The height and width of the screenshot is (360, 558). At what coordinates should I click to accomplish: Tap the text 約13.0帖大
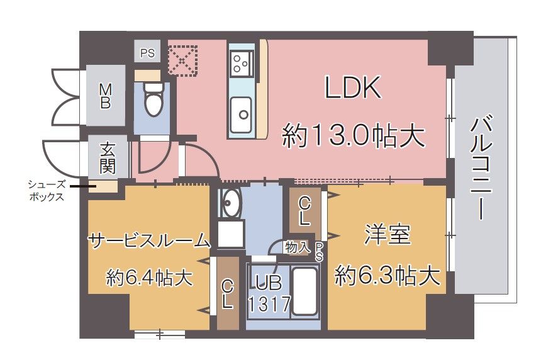click(x=351, y=135)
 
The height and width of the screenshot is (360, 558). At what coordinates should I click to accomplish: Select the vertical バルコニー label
click(x=483, y=167)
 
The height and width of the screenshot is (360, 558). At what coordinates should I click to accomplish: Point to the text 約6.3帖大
click(x=386, y=275)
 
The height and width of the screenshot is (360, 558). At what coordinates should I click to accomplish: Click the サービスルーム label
click(x=148, y=240)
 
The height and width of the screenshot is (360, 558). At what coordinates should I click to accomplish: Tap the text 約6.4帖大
click(x=149, y=277)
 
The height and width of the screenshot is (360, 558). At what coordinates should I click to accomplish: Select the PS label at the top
click(x=147, y=53)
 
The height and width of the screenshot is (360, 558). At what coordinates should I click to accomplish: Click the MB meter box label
click(x=105, y=96)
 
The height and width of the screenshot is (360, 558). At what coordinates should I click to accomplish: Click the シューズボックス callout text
click(x=47, y=190)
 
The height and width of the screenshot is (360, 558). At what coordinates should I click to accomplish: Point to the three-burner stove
click(x=240, y=62)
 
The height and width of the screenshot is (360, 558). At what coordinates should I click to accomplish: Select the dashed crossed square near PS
click(x=182, y=60)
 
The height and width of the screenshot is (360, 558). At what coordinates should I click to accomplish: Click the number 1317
click(x=269, y=305)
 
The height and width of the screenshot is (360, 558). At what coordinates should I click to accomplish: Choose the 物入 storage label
click(x=297, y=247)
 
